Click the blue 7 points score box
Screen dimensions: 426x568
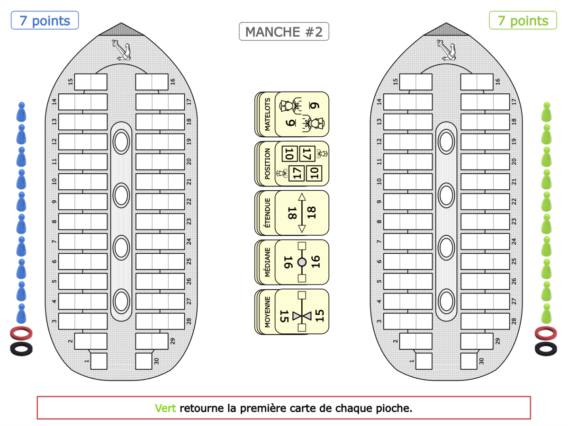tap(45, 20)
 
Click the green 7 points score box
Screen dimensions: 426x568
tap(523, 20)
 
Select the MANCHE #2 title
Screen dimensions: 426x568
tap(284, 32)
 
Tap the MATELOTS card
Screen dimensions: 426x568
tap(292, 115)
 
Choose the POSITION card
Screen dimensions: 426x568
tap(292, 164)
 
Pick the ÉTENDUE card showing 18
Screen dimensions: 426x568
tap(292, 213)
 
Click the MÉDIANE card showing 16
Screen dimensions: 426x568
tap(292, 262)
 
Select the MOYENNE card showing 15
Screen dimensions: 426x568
tap(292, 311)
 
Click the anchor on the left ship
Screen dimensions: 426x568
tap(121, 50)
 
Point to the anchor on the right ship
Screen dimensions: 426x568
tap(446, 50)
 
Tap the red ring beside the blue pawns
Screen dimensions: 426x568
tap(21, 333)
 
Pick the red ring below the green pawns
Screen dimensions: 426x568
tap(546, 333)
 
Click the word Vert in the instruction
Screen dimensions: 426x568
tap(165, 408)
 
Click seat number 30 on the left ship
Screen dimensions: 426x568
tap(144, 361)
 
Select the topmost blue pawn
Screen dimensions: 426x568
tap(21, 113)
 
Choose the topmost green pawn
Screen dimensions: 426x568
tap(546, 113)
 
